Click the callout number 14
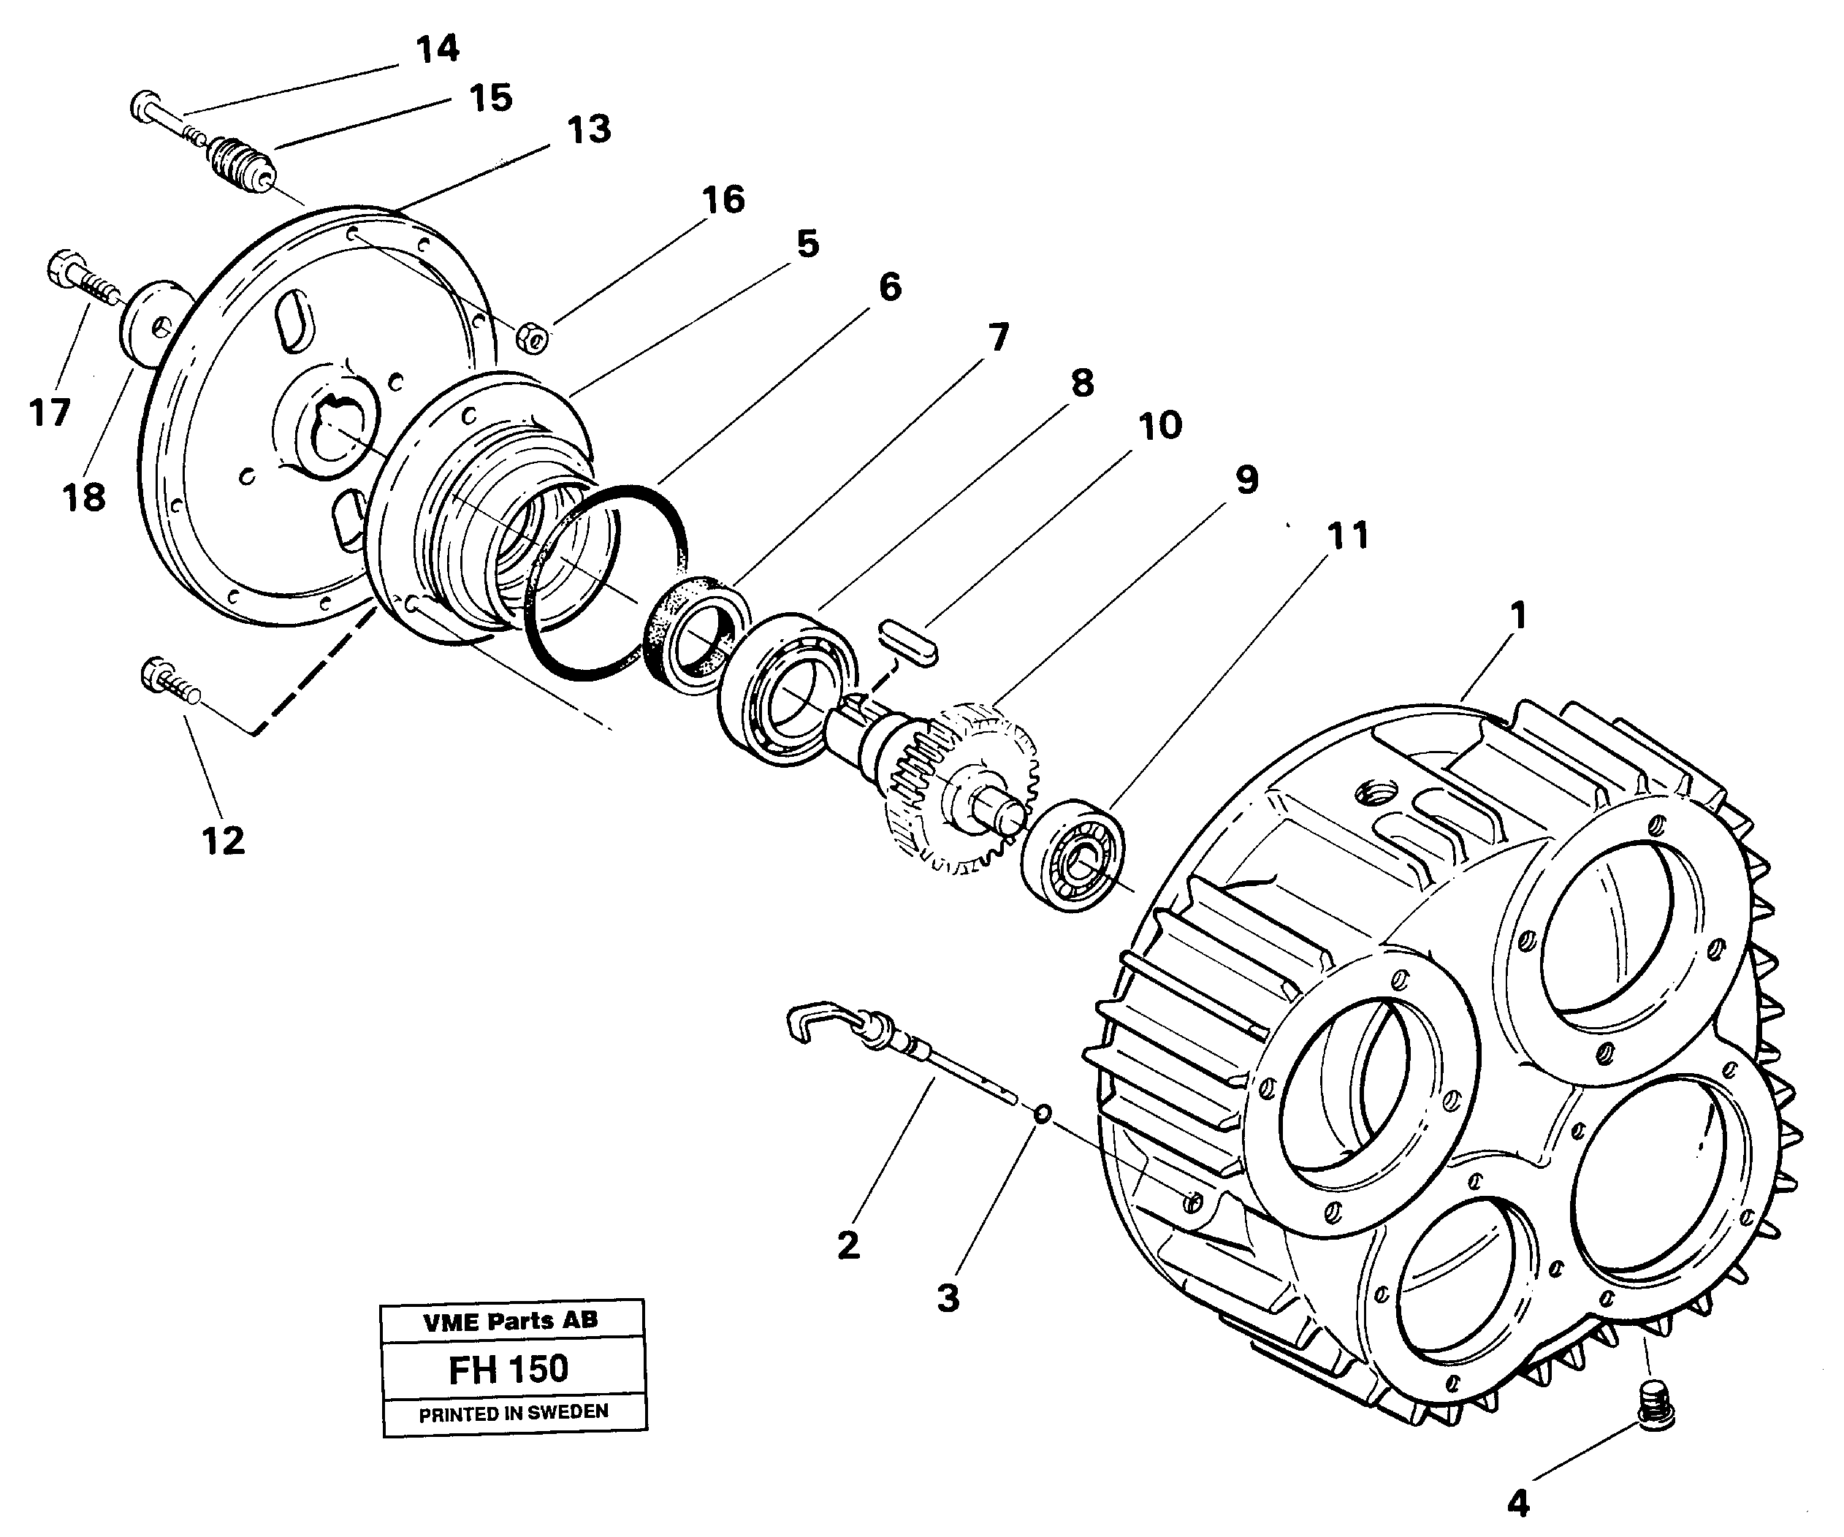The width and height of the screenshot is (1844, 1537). coord(438,49)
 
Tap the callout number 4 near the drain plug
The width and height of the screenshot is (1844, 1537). coord(1518,1503)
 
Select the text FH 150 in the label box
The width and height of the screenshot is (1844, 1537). coord(508,1368)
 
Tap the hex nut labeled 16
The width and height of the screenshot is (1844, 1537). coord(532,337)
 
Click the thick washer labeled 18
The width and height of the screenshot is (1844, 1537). coord(149,321)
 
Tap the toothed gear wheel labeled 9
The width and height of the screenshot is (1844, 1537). coord(966,790)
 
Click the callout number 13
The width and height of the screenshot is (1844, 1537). coord(588,130)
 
